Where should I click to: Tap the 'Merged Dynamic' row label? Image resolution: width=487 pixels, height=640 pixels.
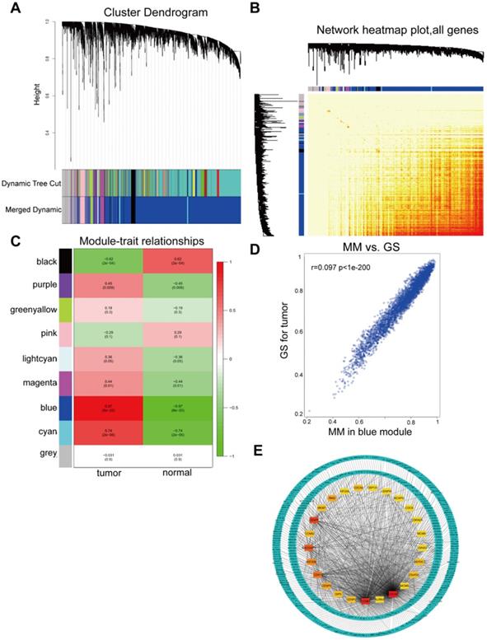click(x=32, y=210)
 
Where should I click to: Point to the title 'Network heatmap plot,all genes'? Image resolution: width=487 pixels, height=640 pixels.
click(x=386, y=29)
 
